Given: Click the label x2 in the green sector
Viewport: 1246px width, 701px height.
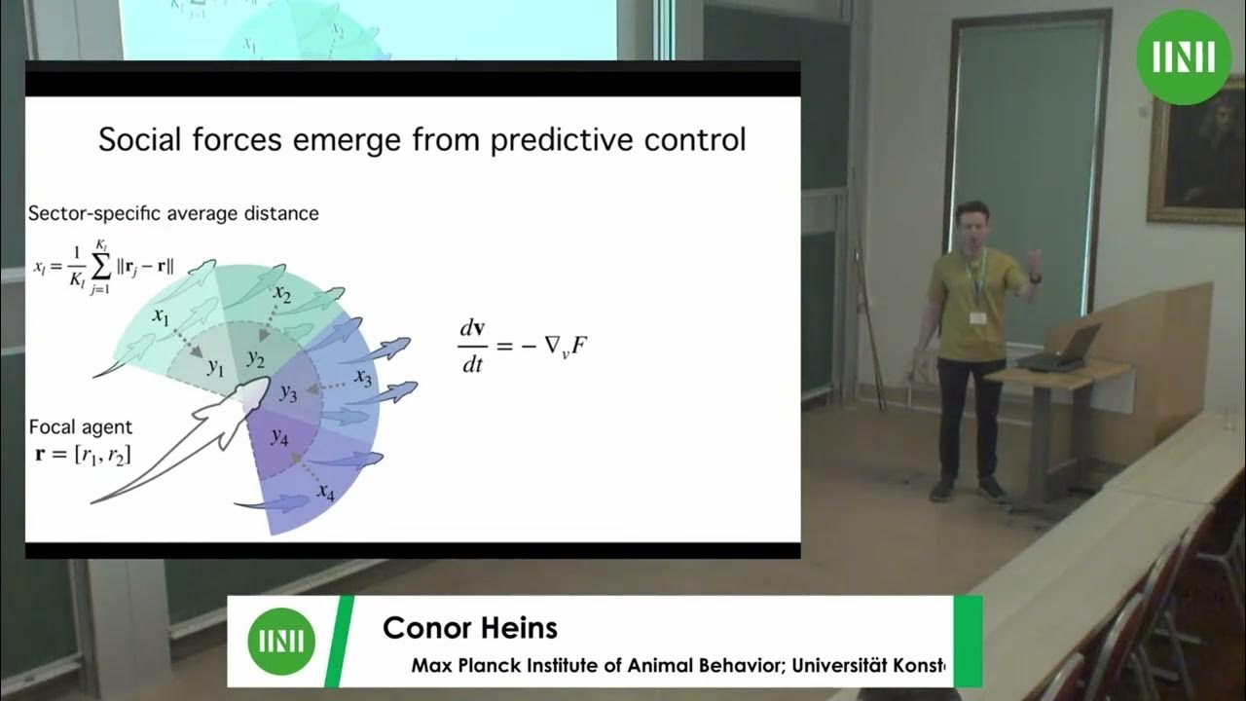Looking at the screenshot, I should pos(283,293).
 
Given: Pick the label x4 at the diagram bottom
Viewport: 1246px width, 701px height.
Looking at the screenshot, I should pos(325,491).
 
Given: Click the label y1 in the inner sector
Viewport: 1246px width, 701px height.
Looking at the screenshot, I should pos(215,367).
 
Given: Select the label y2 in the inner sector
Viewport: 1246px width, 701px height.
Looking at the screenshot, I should pos(256,358).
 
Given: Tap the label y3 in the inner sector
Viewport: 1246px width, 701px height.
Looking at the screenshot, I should pos(289,392).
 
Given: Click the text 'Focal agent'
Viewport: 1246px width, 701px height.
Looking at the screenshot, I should pos(80,426).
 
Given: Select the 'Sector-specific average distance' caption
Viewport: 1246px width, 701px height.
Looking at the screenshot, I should pos(173,212).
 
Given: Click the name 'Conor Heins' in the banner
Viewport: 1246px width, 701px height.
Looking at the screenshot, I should pos(470,628).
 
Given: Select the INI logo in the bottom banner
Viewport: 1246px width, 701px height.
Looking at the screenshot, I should pos(281,642).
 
